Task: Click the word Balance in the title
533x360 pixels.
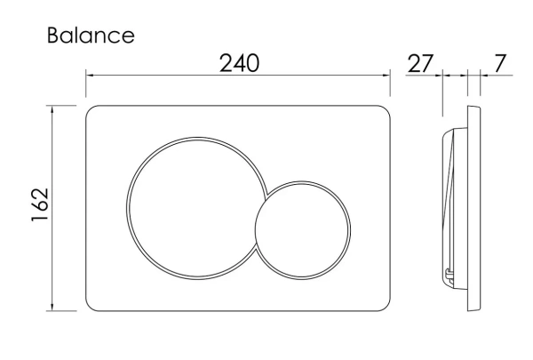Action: (x=91, y=36)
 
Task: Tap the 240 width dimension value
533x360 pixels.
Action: (x=239, y=63)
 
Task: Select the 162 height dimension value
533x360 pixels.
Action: (x=40, y=204)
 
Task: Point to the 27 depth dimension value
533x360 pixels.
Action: (x=420, y=63)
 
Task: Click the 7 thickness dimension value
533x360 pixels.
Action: (x=499, y=63)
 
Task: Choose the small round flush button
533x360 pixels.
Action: (x=303, y=230)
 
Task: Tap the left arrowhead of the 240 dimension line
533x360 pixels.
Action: (x=90, y=75)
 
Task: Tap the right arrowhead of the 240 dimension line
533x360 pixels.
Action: (x=386, y=75)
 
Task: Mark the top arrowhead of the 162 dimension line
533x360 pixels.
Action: (x=52, y=110)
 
